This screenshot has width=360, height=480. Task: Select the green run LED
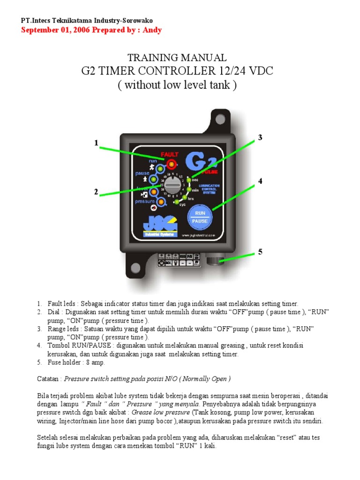pyautogui.click(x=160, y=168)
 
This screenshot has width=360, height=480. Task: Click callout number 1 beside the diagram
pyautogui.click(x=96, y=143)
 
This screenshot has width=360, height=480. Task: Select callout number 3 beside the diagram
pyautogui.click(x=260, y=137)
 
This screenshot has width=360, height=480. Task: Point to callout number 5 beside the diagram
pyautogui.click(x=260, y=252)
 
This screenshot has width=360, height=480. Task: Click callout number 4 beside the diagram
pyautogui.click(x=260, y=181)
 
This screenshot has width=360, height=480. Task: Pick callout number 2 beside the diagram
pyautogui.click(x=96, y=192)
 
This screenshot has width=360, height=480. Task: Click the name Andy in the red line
pyautogui.click(x=153, y=30)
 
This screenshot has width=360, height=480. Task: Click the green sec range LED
pyautogui.click(x=188, y=179)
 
